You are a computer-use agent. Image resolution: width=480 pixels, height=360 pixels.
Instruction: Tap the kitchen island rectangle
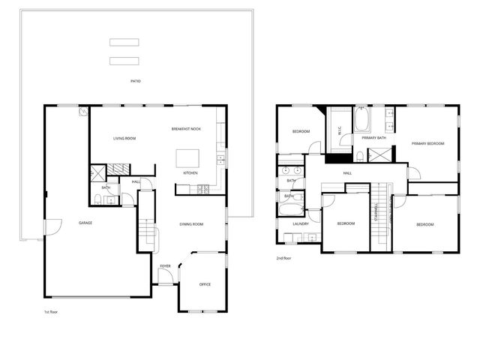(187, 158)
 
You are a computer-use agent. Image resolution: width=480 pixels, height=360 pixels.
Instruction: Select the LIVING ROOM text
(124, 139)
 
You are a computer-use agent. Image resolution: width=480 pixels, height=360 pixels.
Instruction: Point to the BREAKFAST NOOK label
(186, 129)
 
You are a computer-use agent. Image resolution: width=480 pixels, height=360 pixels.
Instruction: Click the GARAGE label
(85, 223)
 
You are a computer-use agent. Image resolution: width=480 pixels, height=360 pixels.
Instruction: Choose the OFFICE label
(205, 284)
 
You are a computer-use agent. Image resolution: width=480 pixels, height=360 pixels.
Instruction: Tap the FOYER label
(165, 265)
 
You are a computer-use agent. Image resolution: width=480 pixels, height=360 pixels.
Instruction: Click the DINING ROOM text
(192, 224)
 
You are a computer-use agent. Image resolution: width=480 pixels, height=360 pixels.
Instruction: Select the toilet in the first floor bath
(98, 199)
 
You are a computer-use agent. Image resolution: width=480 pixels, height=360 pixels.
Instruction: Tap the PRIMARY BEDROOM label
(427, 143)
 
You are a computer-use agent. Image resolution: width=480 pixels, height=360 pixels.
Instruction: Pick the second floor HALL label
(347, 173)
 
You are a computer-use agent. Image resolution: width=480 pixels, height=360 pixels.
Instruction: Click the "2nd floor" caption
(283, 258)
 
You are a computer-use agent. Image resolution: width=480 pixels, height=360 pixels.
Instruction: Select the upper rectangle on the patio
(124, 42)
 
